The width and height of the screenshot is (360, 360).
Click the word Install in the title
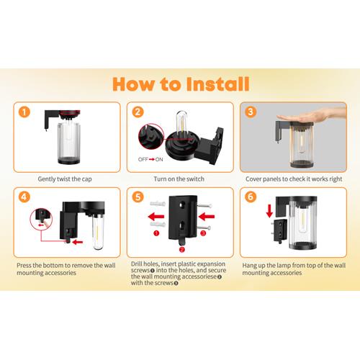[218, 84]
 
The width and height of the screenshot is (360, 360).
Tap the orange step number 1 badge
[24, 112]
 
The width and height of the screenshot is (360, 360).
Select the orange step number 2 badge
[138, 112]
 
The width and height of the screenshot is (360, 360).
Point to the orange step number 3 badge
[251, 112]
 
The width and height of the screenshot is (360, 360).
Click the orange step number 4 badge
[24, 197]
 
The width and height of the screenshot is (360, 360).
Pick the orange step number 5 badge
[138, 197]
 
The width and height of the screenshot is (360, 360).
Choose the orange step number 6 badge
[251, 197]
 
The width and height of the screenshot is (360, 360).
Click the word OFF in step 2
[143, 159]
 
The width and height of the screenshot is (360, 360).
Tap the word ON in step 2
[159, 159]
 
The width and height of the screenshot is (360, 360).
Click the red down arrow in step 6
[269, 211]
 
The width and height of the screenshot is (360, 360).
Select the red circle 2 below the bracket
[182, 250]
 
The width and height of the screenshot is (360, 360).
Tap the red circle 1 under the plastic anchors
[156, 233]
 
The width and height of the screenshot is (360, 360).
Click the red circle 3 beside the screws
[203, 233]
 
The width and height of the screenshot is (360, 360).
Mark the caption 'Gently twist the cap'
[65, 179]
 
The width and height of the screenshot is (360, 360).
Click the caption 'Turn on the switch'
[179, 179]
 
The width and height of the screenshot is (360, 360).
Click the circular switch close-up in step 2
[151, 136]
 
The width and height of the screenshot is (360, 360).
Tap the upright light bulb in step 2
[182, 125]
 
